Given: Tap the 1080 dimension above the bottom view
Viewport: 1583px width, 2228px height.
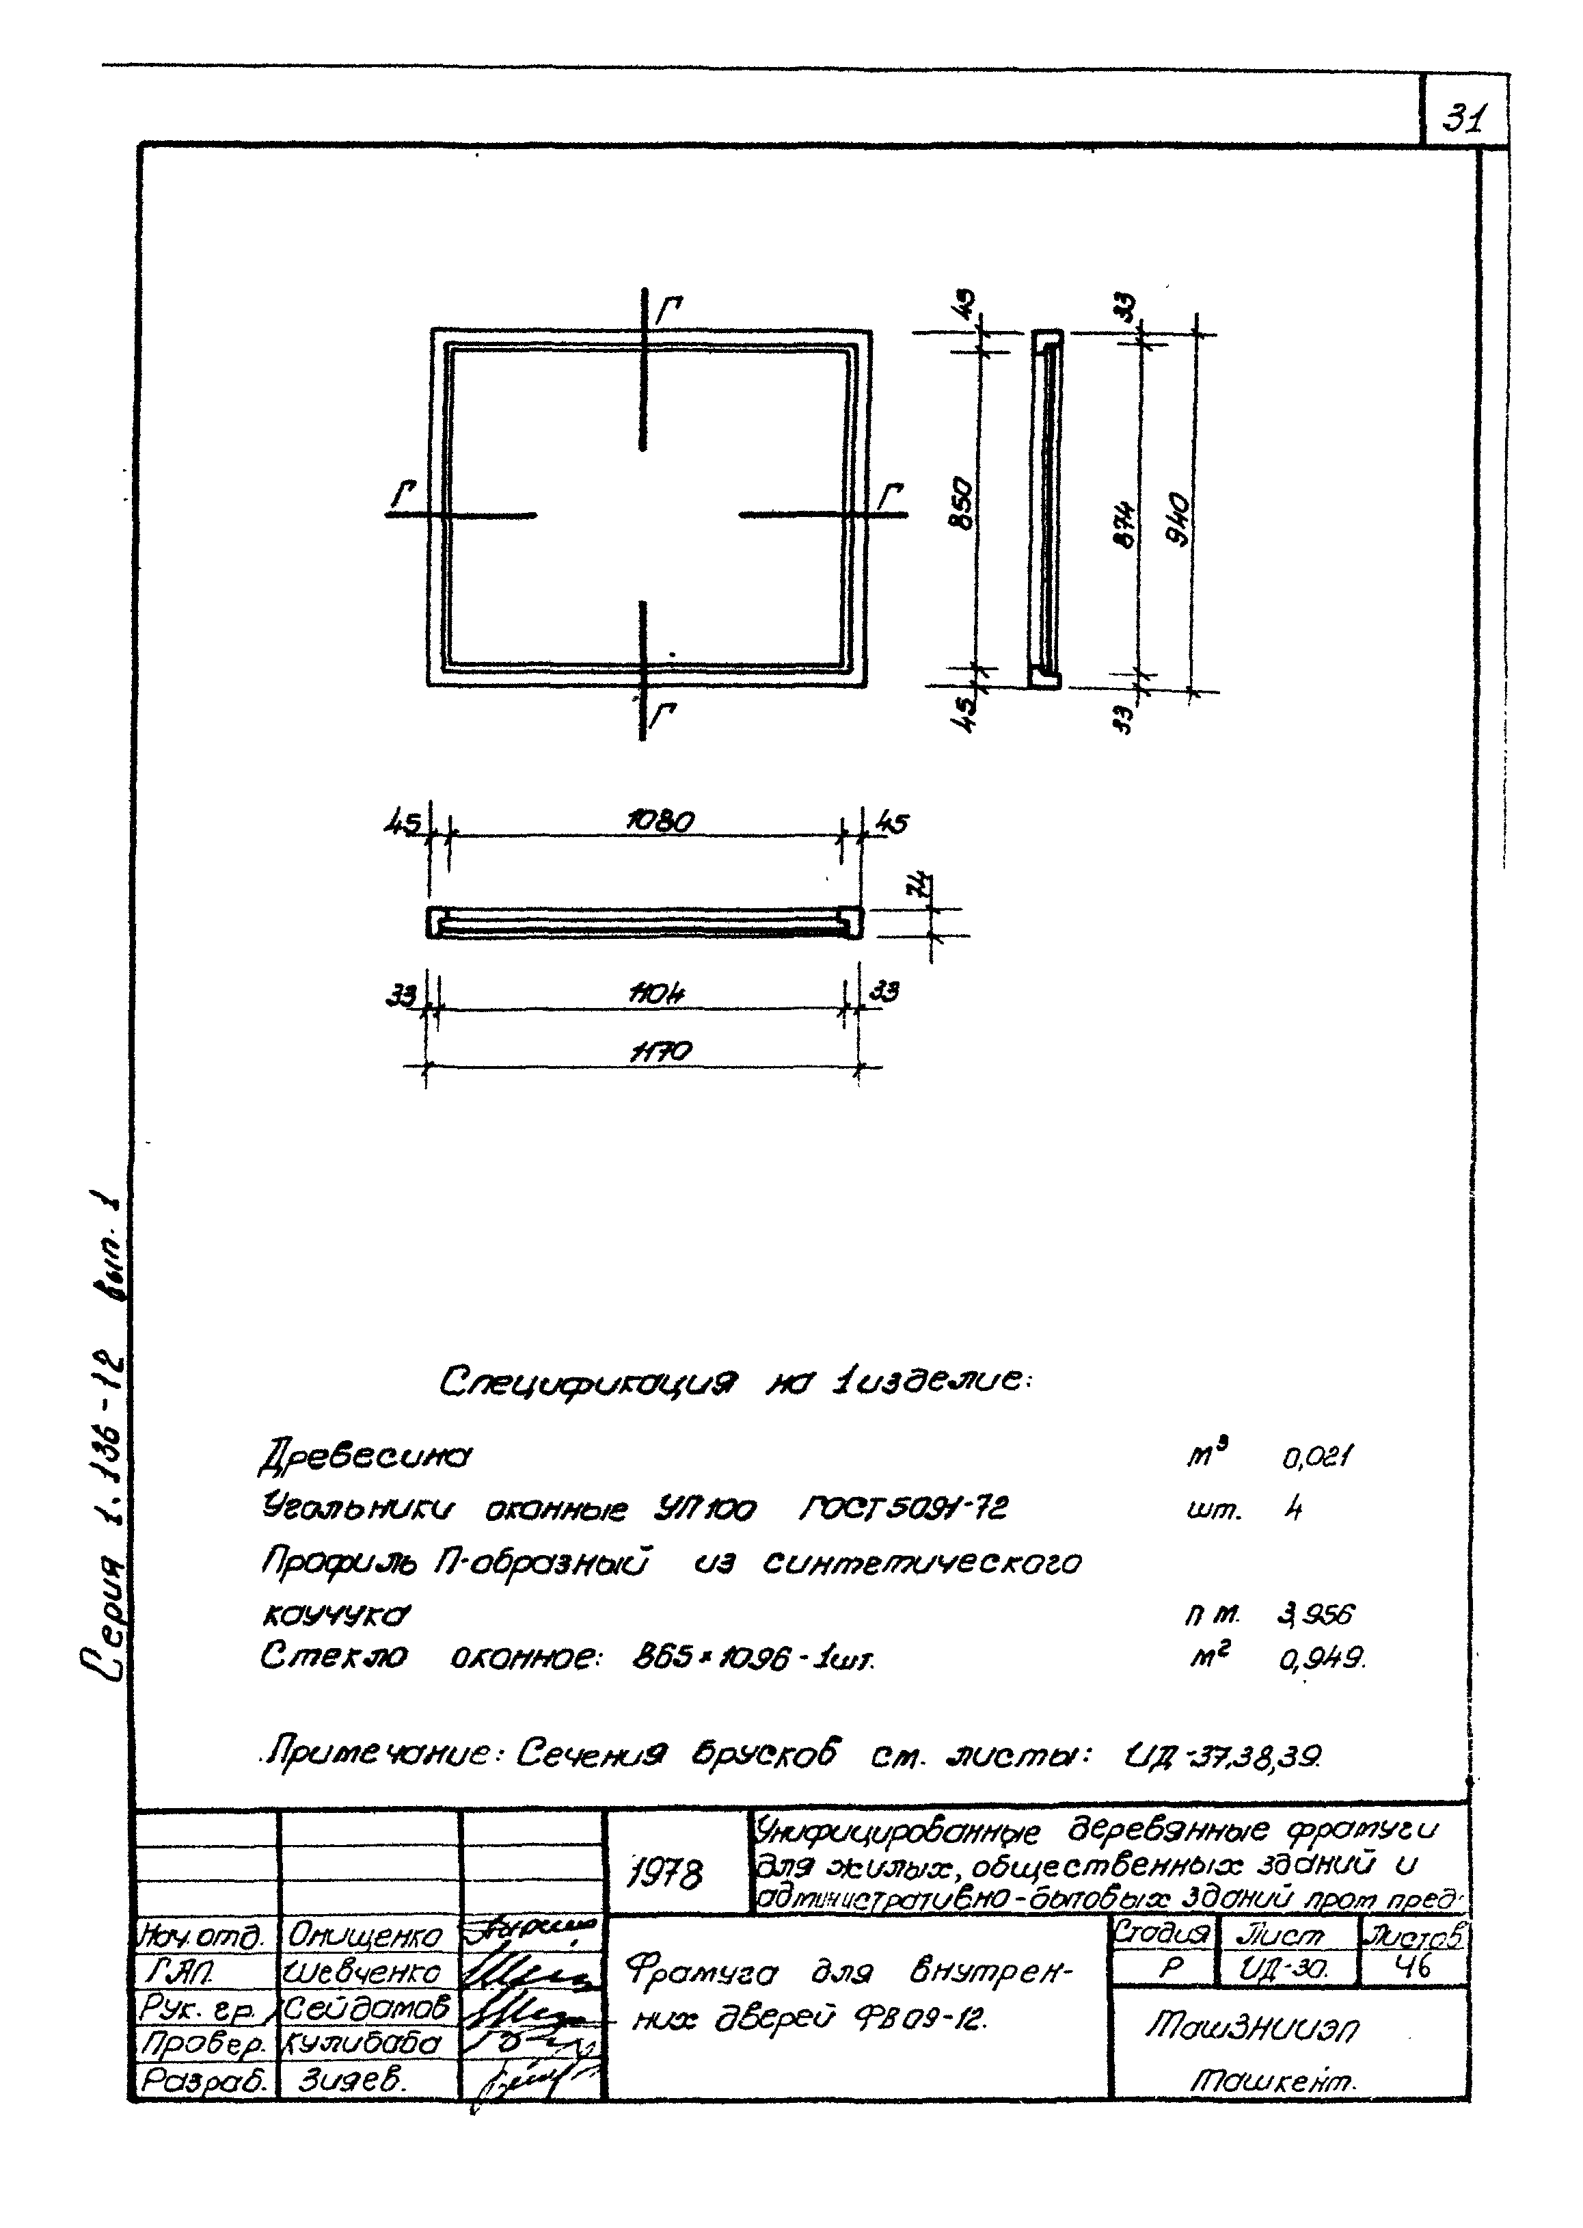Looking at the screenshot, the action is (660, 821).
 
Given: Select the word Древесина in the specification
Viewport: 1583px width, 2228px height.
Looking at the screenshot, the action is (363, 1459).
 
